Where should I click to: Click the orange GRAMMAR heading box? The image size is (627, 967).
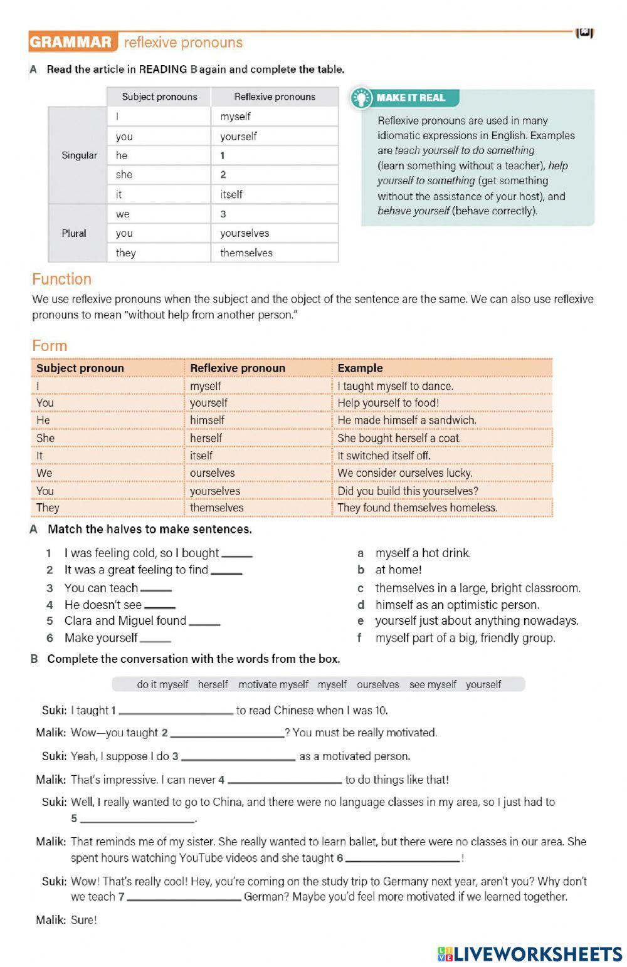point(73,43)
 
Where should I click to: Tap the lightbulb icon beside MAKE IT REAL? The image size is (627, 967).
point(361,98)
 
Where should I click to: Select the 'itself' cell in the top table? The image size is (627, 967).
point(274,194)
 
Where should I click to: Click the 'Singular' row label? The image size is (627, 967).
point(79,155)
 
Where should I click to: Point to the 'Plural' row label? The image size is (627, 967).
point(74,233)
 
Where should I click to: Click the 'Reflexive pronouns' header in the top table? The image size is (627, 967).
point(275,97)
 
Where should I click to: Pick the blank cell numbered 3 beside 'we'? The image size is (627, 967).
point(274,214)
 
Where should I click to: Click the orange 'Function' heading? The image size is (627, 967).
point(61,279)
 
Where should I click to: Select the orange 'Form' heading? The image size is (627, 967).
point(50,345)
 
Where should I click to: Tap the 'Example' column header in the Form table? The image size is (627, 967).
point(360,368)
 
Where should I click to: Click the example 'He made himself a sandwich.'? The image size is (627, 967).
point(407,420)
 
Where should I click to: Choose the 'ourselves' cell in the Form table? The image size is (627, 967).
point(213,473)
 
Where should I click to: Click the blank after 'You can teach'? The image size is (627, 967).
point(156,588)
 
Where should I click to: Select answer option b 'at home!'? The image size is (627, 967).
point(398,570)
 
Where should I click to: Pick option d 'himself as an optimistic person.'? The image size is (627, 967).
point(456,605)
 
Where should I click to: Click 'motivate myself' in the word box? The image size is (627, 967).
point(273,684)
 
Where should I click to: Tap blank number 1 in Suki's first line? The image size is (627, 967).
point(176,711)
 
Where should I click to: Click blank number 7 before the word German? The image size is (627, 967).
point(184,897)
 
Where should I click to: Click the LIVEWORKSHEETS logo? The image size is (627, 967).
point(530,954)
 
